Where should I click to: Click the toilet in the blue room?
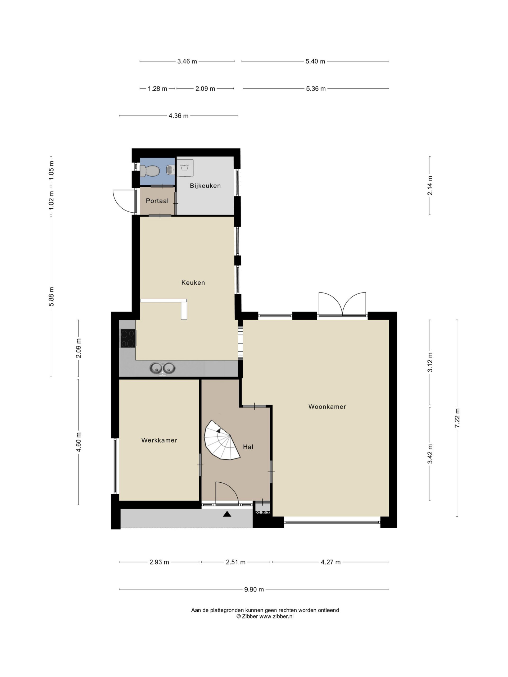pos(149,171)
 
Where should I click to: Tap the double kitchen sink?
pos(162,368)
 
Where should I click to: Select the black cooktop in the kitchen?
pos(128,338)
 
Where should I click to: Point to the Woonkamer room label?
pos(327,407)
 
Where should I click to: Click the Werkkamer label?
pos(159,440)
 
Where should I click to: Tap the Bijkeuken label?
pos(205,186)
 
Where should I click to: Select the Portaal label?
pos(157,201)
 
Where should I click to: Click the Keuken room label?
pos(193,283)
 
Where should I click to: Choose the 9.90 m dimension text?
pos(254,589)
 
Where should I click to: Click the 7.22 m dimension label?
pos(457,418)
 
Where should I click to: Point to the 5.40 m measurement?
pos(315,61)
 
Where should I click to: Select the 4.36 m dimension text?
pos(179,116)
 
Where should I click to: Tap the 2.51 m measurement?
pos(235,562)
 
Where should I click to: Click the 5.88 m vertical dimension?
pos(51,296)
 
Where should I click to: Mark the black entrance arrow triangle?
pos(227,514)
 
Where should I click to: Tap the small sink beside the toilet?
pos(171,169)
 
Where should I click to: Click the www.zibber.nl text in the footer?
pos(276,617)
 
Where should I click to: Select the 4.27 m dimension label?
pos(331,562)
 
